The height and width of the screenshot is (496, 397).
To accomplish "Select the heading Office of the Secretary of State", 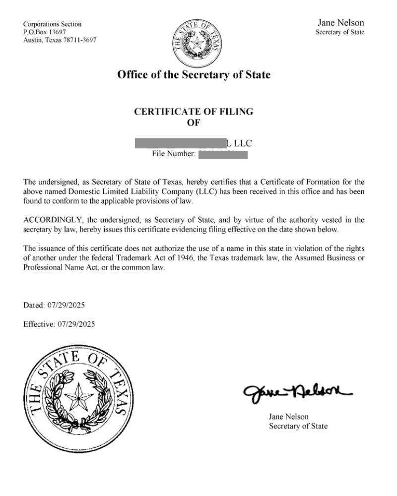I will (x=194, y=75).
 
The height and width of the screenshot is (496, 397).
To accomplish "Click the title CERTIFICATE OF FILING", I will (x=194, y=112).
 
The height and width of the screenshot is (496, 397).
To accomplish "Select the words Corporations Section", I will (x=53, y=24).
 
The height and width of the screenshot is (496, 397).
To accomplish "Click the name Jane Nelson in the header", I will (x=340, y=23).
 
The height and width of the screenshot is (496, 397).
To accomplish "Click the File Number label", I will (x=174, y=154).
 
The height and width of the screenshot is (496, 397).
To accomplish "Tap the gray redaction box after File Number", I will (x=223, y=154).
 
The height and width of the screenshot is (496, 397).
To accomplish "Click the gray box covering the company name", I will (x=180, y=143).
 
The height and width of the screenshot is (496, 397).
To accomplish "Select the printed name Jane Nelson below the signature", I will (x=289, y=417).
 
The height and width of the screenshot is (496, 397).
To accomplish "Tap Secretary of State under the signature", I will (x=298, y=426).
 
